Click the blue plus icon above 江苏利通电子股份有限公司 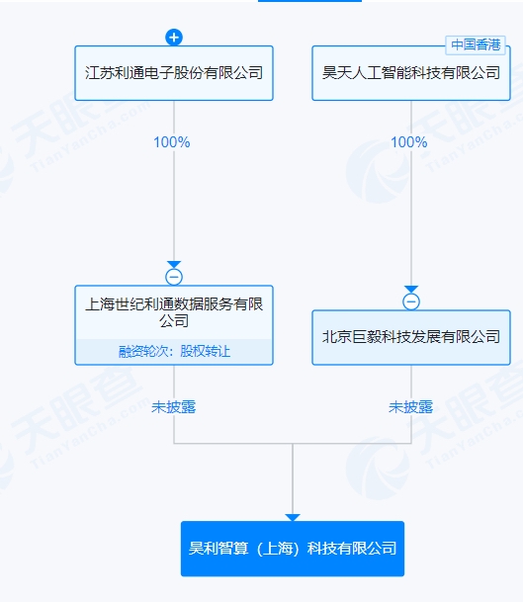pos(174,38)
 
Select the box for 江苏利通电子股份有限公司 pos(174,73)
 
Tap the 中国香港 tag pos(476,44)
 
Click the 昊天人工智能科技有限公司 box pos(411,73)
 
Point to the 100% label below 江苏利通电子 pos(172,142)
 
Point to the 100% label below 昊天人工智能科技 pos(409,142)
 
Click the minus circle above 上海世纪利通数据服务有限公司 pos(174,277)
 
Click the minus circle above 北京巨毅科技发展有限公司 pos(411,301)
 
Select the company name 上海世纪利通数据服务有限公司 pos(174,312)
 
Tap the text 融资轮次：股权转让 pos(174,351)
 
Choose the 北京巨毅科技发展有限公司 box pos(411,337)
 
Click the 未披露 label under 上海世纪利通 pos(174,407)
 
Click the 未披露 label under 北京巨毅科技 pos(411,407)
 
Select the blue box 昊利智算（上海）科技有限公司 pos(293,549)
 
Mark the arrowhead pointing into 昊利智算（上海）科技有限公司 pos(293,518)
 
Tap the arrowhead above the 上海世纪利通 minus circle pos(174,265)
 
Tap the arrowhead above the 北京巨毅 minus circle pos(411,289)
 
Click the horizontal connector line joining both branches pos(293,444)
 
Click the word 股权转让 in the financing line pos(205,351)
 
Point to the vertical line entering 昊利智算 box pos(293,478)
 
